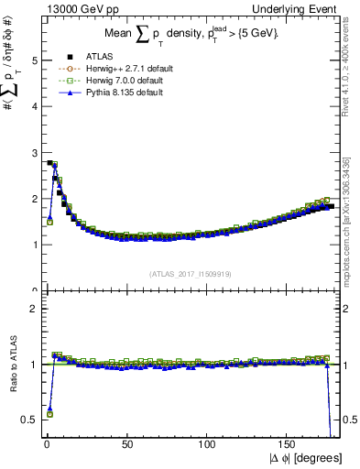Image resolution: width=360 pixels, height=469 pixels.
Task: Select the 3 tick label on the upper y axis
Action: click(x=31, y=153)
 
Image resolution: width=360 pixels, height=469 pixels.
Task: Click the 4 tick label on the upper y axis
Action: click(x=31, y=106)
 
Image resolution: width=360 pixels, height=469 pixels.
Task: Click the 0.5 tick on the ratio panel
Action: click(x=27, y=420)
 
